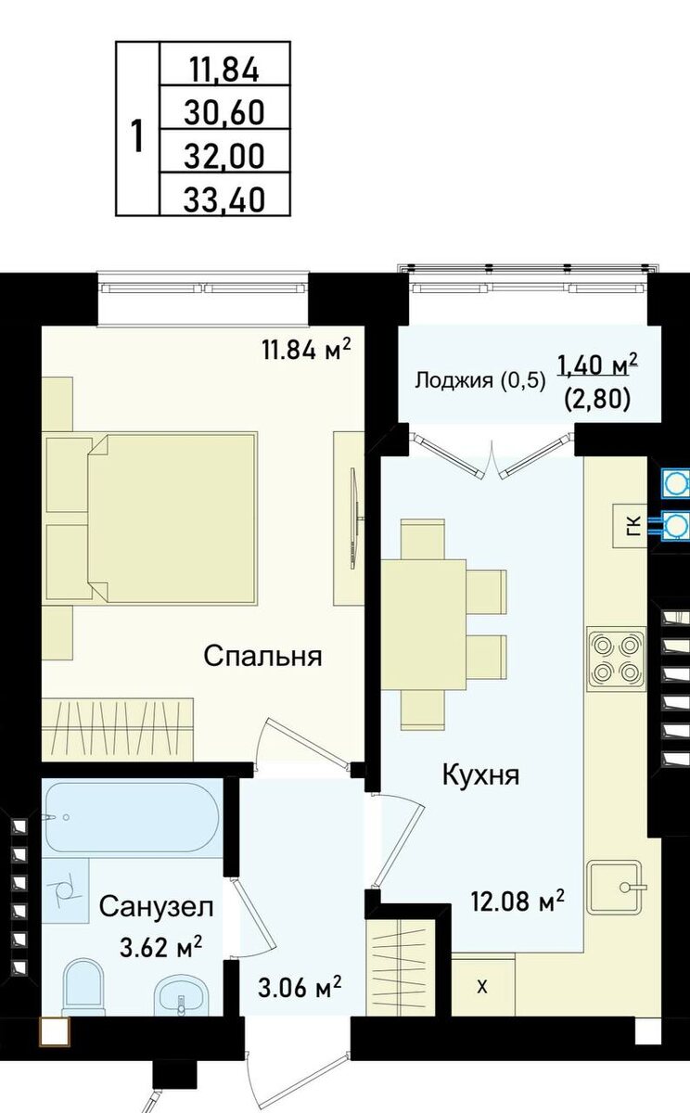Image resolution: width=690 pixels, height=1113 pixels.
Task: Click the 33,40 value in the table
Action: (224, 198)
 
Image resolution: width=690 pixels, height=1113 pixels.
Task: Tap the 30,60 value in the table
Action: (224, 112)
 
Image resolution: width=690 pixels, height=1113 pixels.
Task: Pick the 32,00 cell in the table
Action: (224, 155)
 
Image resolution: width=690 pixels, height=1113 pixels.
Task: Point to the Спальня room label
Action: (262, 657)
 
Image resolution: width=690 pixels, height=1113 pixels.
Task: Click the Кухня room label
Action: (479, 774)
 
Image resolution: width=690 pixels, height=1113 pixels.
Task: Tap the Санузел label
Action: (157, 906)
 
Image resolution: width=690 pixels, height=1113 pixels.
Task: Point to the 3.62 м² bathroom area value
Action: (161, 947)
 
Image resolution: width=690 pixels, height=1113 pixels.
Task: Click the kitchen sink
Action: (616, 887)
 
